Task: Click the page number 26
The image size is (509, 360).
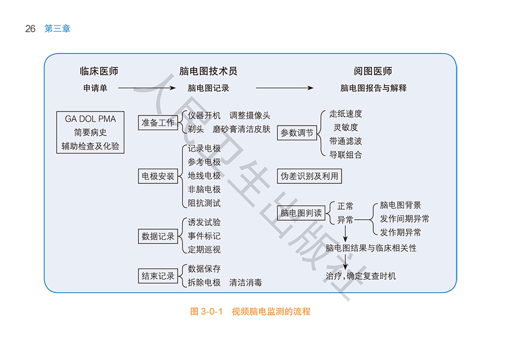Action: tap(31, 29)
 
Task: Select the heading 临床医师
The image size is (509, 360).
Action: tap(99, 71)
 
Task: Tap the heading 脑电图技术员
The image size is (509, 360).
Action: tap(208, 71)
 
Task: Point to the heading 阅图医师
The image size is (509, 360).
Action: tap(373, 71)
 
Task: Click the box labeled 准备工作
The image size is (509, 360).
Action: tap(158, 122)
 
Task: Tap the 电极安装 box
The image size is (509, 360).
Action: tap(158, 176)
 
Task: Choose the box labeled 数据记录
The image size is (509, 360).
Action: tap(158, 236)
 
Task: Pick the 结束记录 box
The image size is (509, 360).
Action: tap(158, 276)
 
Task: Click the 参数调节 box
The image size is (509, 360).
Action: tap(297, 133)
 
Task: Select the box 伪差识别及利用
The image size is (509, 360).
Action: tap(309, 176)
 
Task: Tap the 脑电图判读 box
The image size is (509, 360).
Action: tap(301, 213)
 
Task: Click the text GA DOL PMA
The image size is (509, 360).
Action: tap(90, 119)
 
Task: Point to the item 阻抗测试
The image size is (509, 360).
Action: tap(204, 203)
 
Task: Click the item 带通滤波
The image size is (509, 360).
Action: tap(346, 141)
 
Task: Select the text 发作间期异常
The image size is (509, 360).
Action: tap(404, 218)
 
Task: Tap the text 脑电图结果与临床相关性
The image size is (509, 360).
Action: tap(371, 248)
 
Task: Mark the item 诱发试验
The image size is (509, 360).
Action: tap(204, 222)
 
